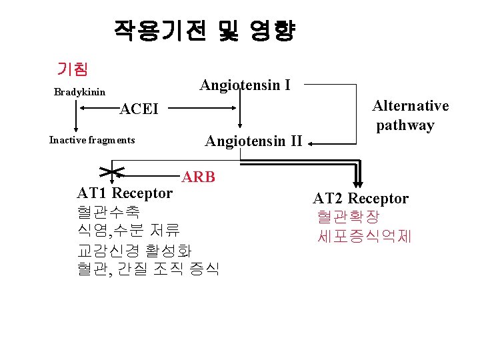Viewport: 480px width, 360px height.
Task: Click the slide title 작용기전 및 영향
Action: pyautogui.click(x=204, y=31)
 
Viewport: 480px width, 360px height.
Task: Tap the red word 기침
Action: pyautogui.click(x=73, y=68)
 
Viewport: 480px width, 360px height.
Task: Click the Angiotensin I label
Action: pyautogui.click(x=245, y=85)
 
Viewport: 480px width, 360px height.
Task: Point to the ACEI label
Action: pyautogui.click(x=139, y=109)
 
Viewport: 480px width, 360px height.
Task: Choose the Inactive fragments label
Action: pyautogui.click(x=92, y=140)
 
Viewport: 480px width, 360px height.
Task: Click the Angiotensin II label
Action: pyautogui.click(x=253, y=141)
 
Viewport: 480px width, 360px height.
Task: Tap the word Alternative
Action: pyautogui.click(x=410, y=106)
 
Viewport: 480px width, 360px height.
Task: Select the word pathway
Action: pyautogui.click(x=405, y=125)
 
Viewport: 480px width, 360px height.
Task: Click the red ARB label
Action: pyautogui.click(x=198, y=177)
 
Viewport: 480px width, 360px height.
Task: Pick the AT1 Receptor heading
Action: pyautogui.click(x=125, y=193)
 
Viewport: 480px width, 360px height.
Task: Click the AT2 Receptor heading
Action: pyautogui.click(x=361, y=198)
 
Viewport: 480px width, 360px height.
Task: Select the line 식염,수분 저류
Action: pyautogui.click(x=129, y=231)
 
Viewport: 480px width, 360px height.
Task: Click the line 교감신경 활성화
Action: pyautogui.click(x=134, y=251)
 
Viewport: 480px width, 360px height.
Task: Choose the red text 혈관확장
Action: pyautogui.click(x=348, y=217)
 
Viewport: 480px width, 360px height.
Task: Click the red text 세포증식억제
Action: pyautogui.click(x=365, y=236)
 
